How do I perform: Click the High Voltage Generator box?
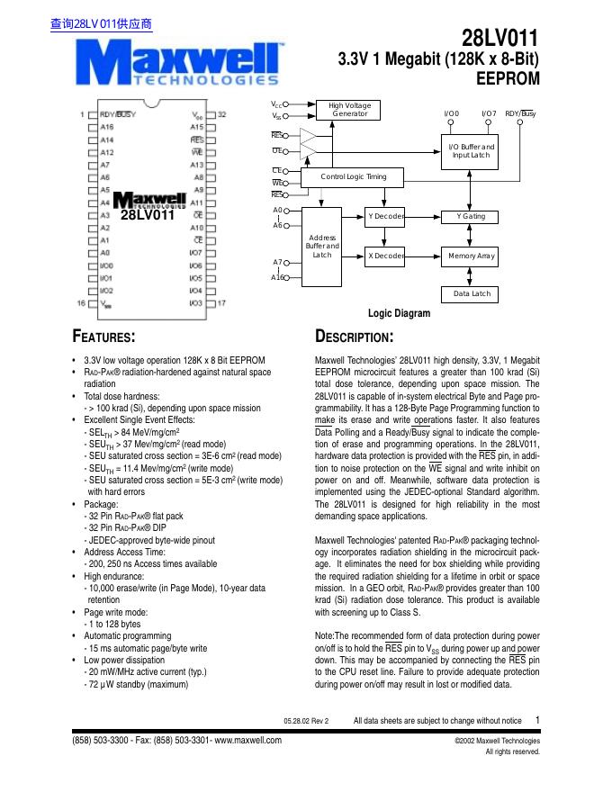point(350,110)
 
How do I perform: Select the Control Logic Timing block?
point(354,177)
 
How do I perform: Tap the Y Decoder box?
point(385,217)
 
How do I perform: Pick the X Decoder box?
point(385,256)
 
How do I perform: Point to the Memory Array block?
point(472,256)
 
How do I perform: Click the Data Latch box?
point(472,294)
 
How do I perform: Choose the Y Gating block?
point(471,217)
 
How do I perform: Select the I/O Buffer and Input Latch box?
point(471,151)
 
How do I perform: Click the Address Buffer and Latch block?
point(322,245)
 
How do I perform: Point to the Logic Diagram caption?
point(400,314)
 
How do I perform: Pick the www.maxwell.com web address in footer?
point(248,741)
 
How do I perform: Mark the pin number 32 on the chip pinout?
point(221,115)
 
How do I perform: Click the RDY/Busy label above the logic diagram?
point(520,114)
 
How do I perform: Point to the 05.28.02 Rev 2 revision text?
point(306,721)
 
